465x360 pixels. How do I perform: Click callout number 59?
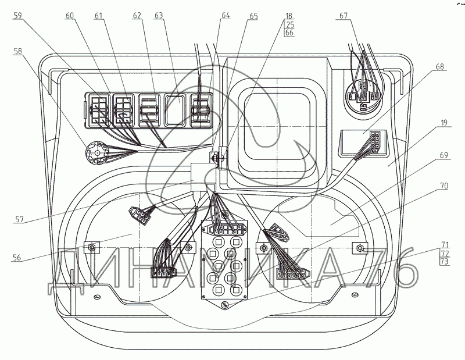tap(18, 15)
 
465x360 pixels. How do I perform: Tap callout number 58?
tap(17, 51)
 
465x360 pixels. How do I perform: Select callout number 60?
tap(70, 15)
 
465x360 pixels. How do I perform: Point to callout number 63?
tap(159, 15)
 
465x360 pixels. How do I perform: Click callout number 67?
tap(344, 15)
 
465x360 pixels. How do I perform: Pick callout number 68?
tap(440, 66)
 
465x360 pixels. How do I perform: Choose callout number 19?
tap(443, 122)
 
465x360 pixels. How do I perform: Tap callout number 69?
tap(443, 155)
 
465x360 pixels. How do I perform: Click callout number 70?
tap(443, 186)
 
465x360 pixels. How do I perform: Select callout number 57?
tap(19, 219)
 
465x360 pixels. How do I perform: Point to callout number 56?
tap(17, 257)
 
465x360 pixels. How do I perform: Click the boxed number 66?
tap(289, 33)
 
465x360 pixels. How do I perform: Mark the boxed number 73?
tap(445, 262)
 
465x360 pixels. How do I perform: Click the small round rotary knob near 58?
tap(96, 152)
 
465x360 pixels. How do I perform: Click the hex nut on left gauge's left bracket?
tap(92, 247)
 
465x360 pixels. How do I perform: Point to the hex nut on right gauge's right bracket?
tap(360, 247)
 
